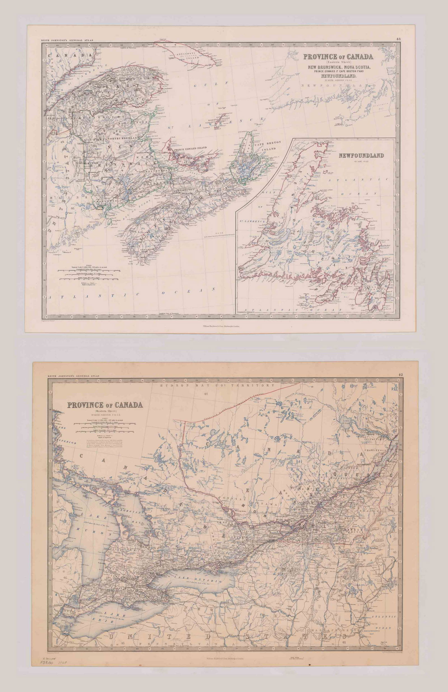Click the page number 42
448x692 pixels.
(x=401, y=375)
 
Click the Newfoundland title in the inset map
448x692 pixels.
(x=361, y=156)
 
